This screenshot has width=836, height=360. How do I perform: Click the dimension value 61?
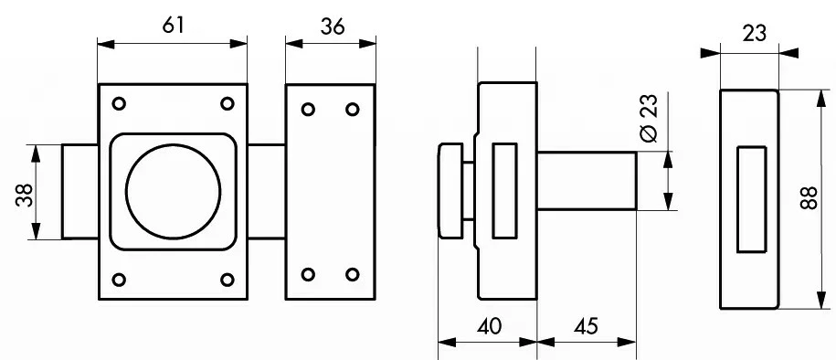pyautogui.click(x=174, y=25)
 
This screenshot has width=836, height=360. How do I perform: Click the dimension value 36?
pyautogui.click(x=333, y=26)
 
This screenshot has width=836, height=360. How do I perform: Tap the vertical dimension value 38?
pyautogui.click(x=25, y=196)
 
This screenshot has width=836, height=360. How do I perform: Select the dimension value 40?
pyautogui.click(x=489, y=326)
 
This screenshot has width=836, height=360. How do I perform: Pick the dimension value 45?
pyautogui.click(x=586, y=326)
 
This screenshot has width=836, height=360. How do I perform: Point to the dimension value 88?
pyautogui.click(x=809, y=198)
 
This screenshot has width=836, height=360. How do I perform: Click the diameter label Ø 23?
pyautogui.click(x=650, y=119)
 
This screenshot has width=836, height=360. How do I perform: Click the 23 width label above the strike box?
pyautogui.click(x=755, y=33)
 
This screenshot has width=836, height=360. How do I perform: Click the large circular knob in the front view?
pyautogui.click(x=174, y=191)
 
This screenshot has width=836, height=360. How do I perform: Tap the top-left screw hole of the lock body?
pyautogui.click(x=120, y=103)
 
